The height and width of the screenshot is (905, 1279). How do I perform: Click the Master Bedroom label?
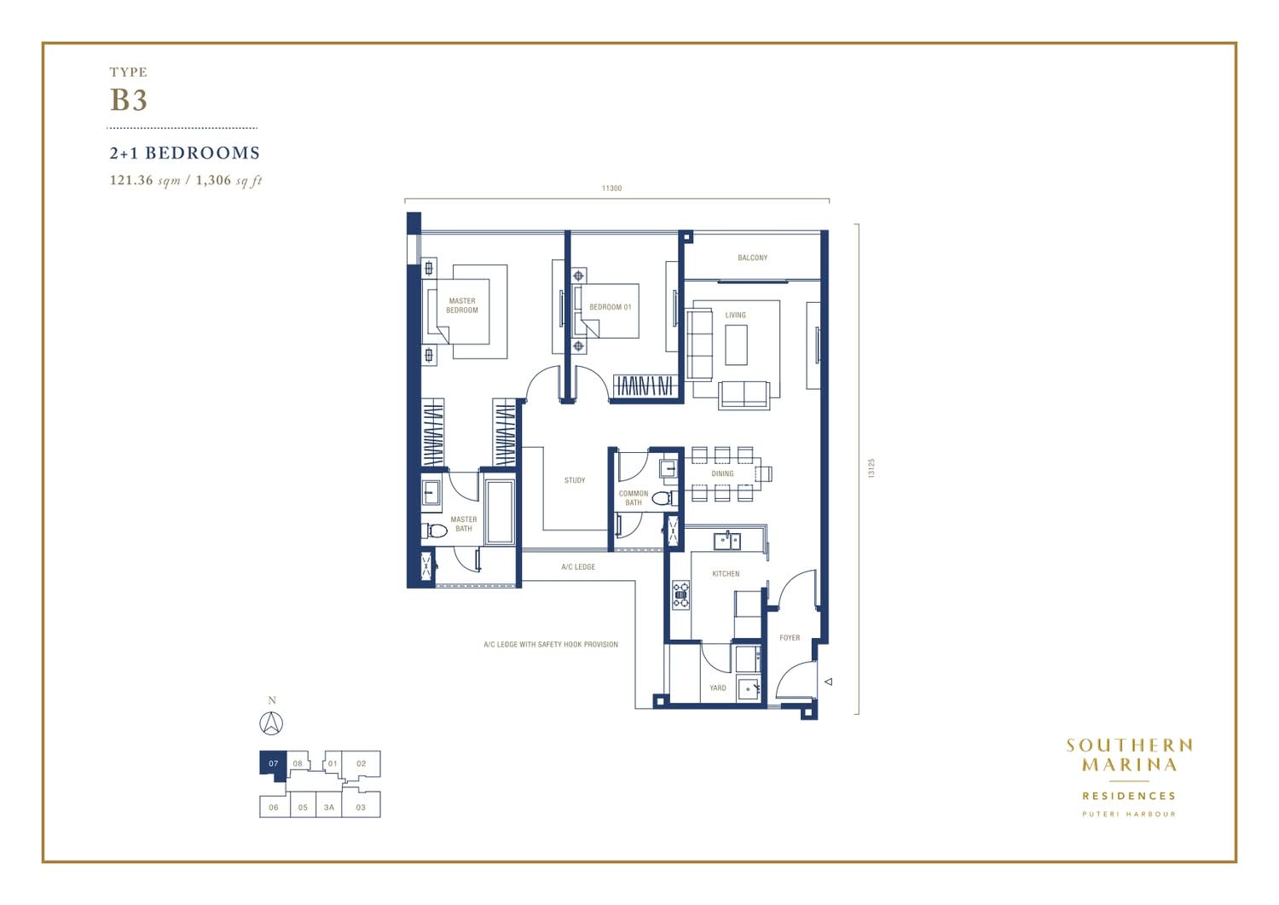(x=462, y=305)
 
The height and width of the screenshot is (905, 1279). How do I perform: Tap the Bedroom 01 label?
(x=611, y=307)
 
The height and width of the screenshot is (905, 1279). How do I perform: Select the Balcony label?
(x=753, y=258)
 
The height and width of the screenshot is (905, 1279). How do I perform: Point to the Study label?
(x=575, y=480)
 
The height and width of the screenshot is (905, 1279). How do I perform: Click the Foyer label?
(x=790, y=638)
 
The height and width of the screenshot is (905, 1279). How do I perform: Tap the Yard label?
(x=718, y=687)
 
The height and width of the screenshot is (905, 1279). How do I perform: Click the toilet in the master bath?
(x=435, y=531)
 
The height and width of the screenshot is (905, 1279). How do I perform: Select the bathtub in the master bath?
(x=500, y=512)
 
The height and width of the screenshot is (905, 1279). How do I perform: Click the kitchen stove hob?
(x=680, y=595)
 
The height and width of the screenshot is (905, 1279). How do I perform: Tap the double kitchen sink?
(x=726, y=541)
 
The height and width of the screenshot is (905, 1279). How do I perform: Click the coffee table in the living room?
(x=736, y=345)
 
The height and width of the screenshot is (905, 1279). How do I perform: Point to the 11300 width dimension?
(x=611, y=188)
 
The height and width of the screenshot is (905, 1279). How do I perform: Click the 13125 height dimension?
(x=871, y=468)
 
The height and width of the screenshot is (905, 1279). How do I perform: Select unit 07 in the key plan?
(x=274, y=764)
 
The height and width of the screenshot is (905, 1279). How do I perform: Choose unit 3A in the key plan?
(x=329, y=807)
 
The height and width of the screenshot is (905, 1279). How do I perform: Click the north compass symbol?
(x=271, y=723)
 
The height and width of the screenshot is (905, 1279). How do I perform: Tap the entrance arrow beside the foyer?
(x=829, y=682)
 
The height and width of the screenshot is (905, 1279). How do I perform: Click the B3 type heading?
(x=129, y=100)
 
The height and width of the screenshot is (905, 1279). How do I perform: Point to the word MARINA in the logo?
(x=1129, y=764)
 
